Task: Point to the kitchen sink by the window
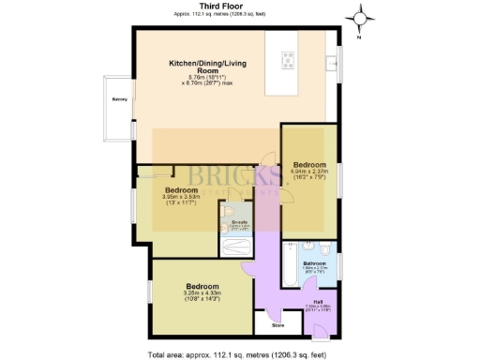tap(331, 62)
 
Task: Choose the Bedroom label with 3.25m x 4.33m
tap(202, 286)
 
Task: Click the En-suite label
tap(240, 222)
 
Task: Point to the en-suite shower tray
tap(235, 248)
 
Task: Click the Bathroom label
tap(314, 264)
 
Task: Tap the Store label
tap(277, 325)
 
